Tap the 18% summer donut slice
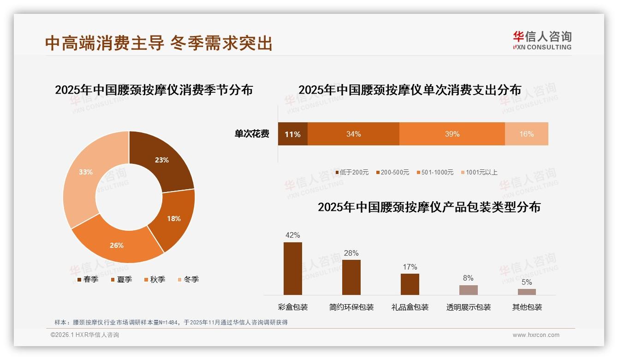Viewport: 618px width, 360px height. coord(174,218)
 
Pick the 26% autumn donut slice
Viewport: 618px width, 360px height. coord(116,245)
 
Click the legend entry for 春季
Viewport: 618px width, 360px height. coord(87,279)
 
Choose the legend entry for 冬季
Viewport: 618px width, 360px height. coord(187,279)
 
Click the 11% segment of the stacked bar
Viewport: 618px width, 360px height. coord(292,134)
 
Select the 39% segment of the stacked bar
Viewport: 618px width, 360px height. coord(452,134)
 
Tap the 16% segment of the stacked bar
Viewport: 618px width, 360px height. coord(526,134)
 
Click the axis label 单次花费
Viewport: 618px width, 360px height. coord(252,134)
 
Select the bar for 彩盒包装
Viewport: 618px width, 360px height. coord(292,269)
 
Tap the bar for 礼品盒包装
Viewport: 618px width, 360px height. coord(410,284)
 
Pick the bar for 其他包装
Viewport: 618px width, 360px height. coord(527,292)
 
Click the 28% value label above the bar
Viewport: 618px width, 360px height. coord(351,253)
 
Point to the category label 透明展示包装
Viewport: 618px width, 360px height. coord(468,307)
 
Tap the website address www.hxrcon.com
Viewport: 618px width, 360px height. coord(535,335)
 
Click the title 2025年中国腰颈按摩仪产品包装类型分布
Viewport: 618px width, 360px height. coord(429,207)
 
